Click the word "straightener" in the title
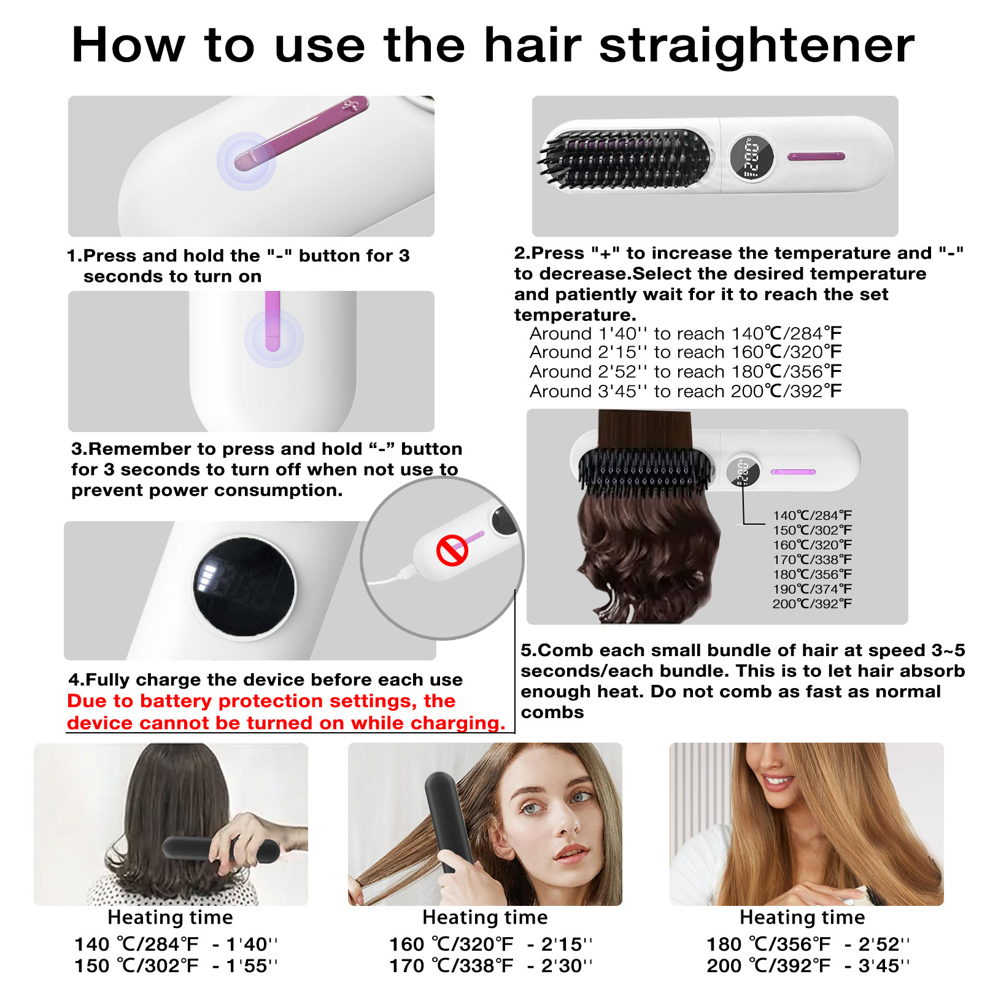click(x=756, y=46)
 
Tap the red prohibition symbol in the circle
click(x=452, y=550)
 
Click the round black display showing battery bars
click(x=244, y=587)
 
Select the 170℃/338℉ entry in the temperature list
click(x=812, y=559)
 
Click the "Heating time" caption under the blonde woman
click(x=802, y=917)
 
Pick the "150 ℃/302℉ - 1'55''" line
click(x=176, y=965)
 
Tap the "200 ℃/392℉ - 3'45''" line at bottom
click(x=808, y=965)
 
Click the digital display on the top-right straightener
click(x=752, y=158)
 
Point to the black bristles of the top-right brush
click(x=625, y=158)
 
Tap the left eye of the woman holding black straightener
click(x=532, y=808)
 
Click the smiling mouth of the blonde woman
click(x=778, y=782)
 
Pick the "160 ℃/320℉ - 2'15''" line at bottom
click(x=491, y=944)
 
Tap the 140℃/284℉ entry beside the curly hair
click(x=812, y=515)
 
